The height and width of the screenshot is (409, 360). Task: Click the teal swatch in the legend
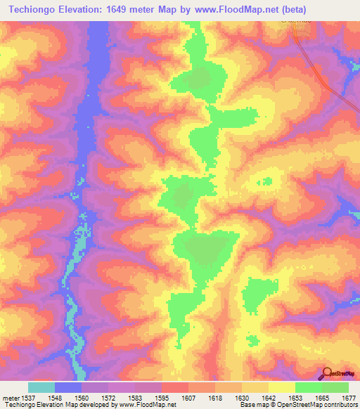coord(41,387)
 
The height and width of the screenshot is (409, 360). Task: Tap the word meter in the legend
coord(9,398)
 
